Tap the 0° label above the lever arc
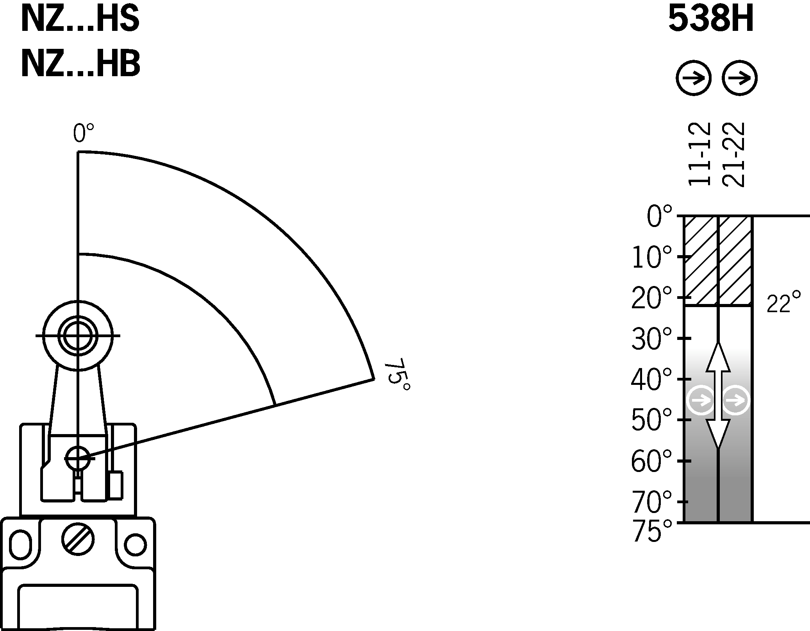pyautogui.click(x=83, y=134)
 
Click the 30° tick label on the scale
pyautogui.click(x=651, y=339)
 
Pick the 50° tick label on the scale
pyautogui.click(x=651, y=420)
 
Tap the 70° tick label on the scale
pyautogui.click(x=651, y=502)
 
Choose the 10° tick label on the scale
pyautogui.click(x=651, y=257)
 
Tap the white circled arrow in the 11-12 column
pyautogui.click(x=701, y=400)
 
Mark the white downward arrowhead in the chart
pyautogui.click(x=718, y=433)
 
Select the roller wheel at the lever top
pyautogui.click(x=78, y=335)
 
